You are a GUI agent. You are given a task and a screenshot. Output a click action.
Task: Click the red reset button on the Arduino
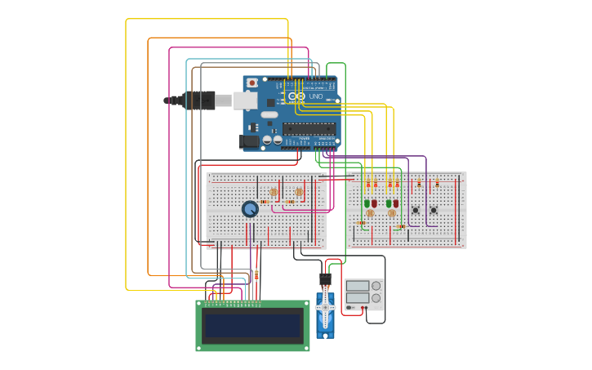click(x=252, y=82)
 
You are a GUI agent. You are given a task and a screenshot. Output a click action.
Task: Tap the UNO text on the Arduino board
click(x=315, y=96)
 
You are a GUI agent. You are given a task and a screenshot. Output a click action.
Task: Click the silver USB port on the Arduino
click(x=246, y=100)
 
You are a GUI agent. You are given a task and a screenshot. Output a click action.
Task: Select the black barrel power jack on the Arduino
click(x=248, y=141)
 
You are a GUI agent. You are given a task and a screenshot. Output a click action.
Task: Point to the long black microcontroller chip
click(x=309, y=128)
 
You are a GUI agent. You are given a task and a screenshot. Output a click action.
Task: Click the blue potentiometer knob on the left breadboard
click(x=250, y=209)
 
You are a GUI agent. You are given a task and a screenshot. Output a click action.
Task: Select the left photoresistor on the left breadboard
click(x=274, y=192)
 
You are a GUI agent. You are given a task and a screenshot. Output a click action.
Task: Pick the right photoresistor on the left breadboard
click(x=299, y=192)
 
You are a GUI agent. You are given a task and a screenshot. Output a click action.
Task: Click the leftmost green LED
click(x=367, y=203)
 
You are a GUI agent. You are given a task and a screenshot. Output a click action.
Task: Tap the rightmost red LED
click(x=396, y=203)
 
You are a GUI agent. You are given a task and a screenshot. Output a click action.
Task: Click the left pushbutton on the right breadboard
click(x=416, y=210)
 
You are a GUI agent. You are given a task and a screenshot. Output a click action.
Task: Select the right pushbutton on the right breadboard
click(x=434, y=210)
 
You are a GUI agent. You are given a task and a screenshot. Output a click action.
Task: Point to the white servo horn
click(x=325, y=307)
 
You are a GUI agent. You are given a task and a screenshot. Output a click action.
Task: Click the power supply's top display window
click(x=357, y=286)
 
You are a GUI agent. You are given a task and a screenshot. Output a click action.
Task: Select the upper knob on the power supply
click(x=376, y=286)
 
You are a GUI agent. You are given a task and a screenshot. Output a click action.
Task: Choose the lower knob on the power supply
click(x=376, y=299)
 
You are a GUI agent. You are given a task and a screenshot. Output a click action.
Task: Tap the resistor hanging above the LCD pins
click(x=256, y=275)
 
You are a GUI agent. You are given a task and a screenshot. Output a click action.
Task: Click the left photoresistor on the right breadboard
click(x=370, y=213)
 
